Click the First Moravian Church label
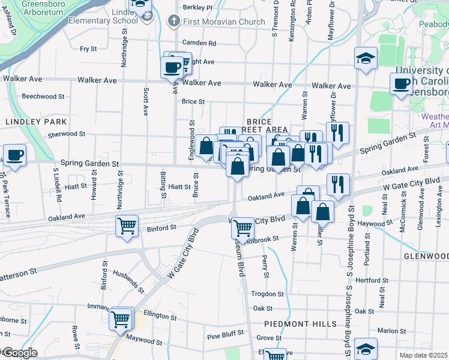pyautogui.click(x=224, y=22)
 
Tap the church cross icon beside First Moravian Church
pyautogui.click(x=174, y=22)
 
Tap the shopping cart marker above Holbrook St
pyautogui.click(x=243, y=227)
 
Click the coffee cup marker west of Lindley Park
pyautogui.click(x=14, y=155)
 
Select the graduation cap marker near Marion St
pyautogui.click(x=366, y=348)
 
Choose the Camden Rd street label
pyautogui.click(x=199, y=43)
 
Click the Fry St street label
pyautogui.click(x=89, y=49)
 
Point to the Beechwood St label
pyautogui.click(x=43, y=96)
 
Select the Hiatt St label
pyautogui.click(x=179, y=187)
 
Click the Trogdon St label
pyautogui.click(x=267, y=294)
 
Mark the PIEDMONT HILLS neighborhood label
pyautogui.click(x=300, y=323)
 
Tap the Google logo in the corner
pyautogui.click(x=20, y=353)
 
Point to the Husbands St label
pyautogui.click(x=128, y=280)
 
